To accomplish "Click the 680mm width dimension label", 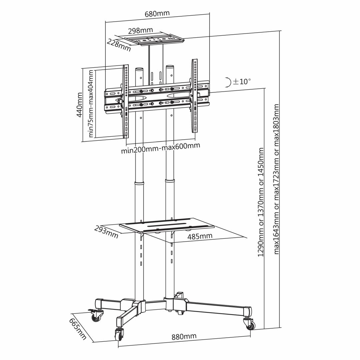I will (x=157, y=14).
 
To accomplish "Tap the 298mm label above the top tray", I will (x=140, y=31).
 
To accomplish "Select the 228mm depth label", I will (x=119, y=45).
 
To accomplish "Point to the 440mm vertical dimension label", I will (x=80, y=105).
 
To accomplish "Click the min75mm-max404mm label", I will (x=91, y=104).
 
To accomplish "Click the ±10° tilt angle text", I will (x=242, y=81).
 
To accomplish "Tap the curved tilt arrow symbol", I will (x=228, y=82).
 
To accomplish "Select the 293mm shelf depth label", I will (x=106, y=232).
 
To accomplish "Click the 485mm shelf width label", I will (x=200, y=236).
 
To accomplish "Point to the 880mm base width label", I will (x=184, y=337).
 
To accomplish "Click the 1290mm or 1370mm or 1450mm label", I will (x=261, y=202).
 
